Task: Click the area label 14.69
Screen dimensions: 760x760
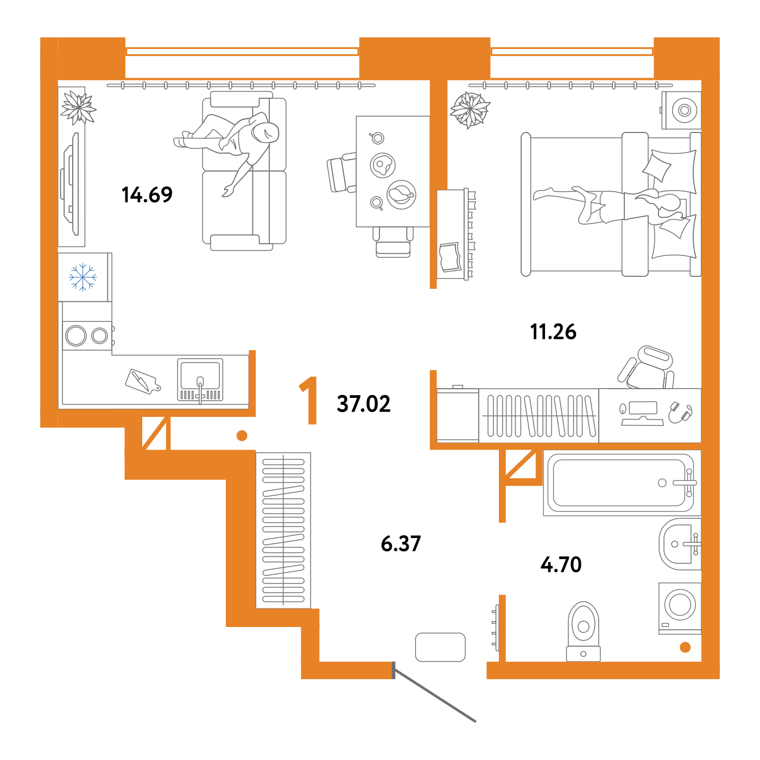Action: point(147,195)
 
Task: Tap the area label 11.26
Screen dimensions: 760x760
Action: point(553,332)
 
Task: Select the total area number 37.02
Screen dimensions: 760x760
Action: point(364,404)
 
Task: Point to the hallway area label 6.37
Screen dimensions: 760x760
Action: point(401,543)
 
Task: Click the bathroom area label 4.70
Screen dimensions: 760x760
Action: point(561,565)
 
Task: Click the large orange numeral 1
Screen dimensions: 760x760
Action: point(309,400)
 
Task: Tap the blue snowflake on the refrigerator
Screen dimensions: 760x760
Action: point(83,277)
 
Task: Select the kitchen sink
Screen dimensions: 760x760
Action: point(200,379)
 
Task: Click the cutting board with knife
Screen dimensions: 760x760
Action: point(142,382)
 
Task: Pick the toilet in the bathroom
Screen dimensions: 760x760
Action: point(584,631)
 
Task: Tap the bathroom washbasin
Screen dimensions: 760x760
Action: point(680,544)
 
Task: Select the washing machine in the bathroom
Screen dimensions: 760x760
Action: point(680,609)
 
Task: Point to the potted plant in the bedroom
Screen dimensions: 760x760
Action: point(470,110)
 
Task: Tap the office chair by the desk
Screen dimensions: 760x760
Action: point(646,368)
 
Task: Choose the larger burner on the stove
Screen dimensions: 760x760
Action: point(75,336)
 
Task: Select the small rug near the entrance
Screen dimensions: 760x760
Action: point(440,647)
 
